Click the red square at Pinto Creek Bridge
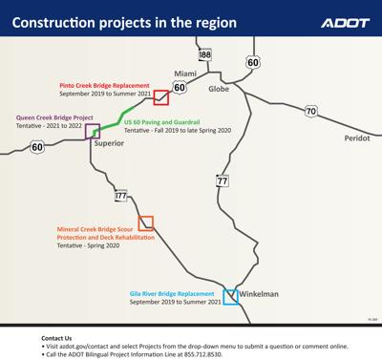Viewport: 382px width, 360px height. (x=161, y=96)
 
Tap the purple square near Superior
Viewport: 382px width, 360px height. (x=93, y=132)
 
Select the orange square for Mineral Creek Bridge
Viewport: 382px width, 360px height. (x=146, y=223)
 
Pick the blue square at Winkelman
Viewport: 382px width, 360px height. (x=229, y=296)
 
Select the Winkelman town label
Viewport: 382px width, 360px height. (x=259, y=295)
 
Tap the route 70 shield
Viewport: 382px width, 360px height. (x=311, y=112)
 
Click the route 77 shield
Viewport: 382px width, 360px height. (x=223, y=180)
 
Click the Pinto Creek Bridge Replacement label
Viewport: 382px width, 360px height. (x=104, y=84)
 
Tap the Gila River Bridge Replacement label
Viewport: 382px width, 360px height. (x=176, y=293)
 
